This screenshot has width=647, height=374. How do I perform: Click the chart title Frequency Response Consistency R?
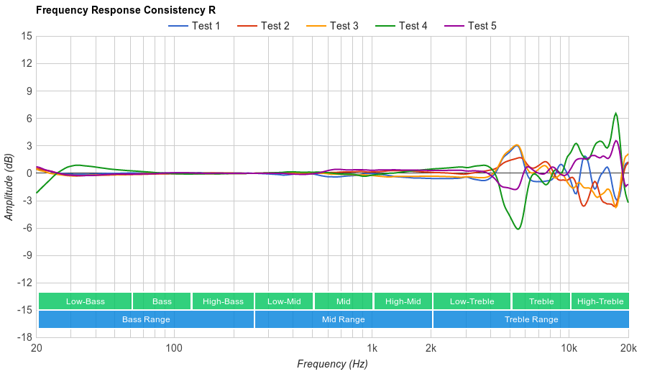(x=125, y=10)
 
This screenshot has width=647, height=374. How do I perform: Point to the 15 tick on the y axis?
(x=26, y=36)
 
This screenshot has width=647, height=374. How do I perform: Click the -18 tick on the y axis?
(x=24, y=337)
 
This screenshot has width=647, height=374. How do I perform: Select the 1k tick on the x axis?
(x=372, y=348)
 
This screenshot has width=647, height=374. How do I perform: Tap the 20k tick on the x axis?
(x=628, y=348)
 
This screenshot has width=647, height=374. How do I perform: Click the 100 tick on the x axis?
(x=173, y=348)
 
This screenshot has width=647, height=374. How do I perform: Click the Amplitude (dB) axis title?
(x=9, y=186)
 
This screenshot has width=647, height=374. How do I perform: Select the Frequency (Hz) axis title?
(x=332, y=364)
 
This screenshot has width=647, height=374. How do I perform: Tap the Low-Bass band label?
(x=85, y=301)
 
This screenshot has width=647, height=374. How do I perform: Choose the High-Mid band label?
(x=403, y=301)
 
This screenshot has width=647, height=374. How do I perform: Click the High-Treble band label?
(x=600, y=301)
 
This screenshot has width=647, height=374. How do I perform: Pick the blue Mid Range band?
(x=343, y=319)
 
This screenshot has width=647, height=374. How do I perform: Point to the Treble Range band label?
(x=531, y=319)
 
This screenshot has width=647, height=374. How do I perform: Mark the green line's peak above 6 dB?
(x=615, y=113)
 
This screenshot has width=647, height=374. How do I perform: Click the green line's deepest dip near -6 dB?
(x=518, y=229)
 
